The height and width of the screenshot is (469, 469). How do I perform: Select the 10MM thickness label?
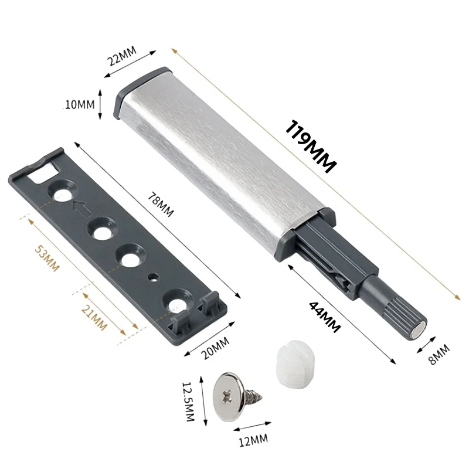click(80, 105)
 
